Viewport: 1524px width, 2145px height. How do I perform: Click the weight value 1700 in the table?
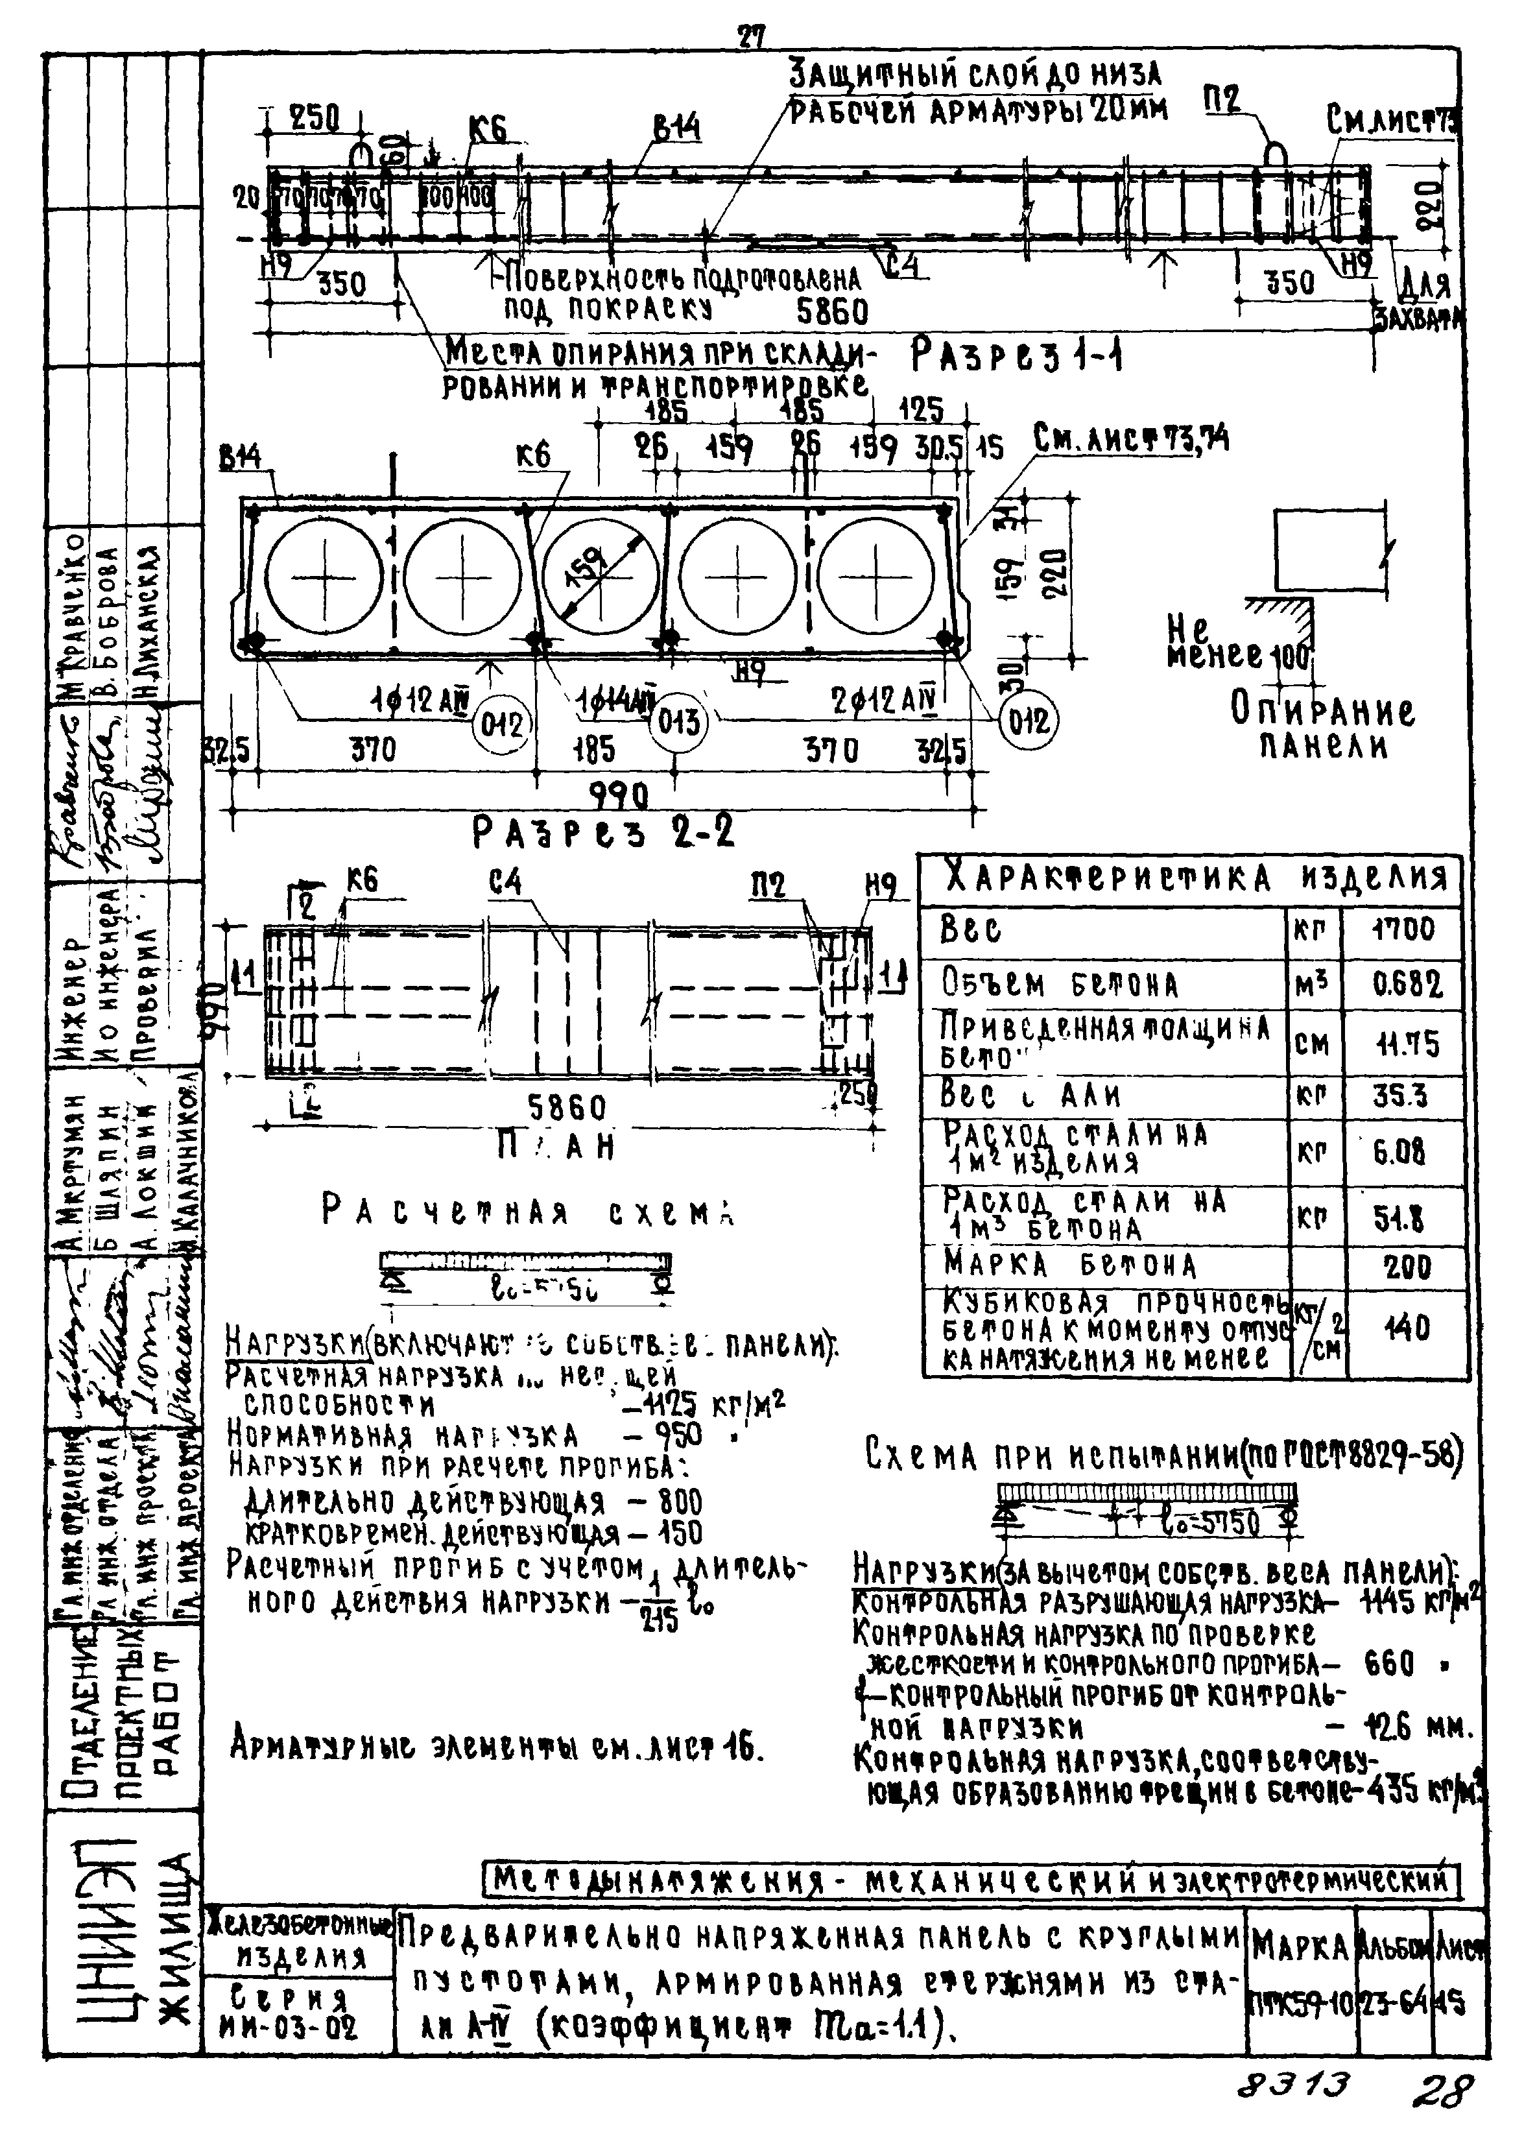1403,930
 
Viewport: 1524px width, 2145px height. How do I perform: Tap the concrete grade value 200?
1407,1267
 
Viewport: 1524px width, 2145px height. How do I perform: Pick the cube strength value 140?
1407,1328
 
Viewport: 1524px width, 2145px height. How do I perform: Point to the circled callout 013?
678,723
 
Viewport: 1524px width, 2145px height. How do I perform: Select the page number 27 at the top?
751,36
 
